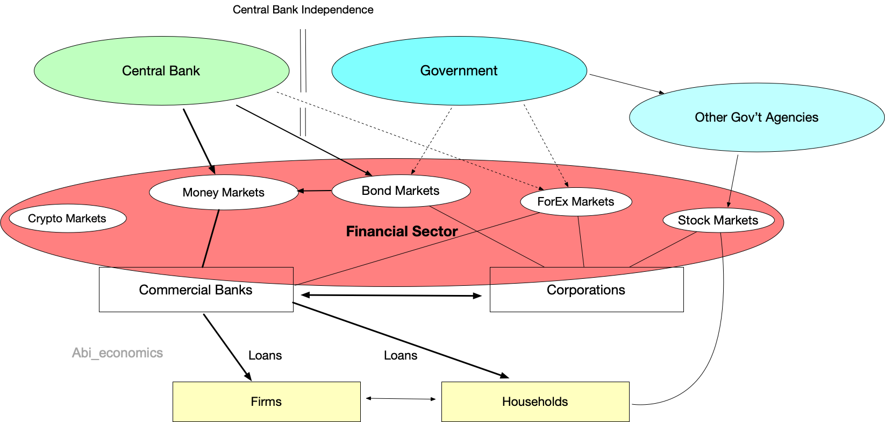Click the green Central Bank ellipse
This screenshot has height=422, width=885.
[161, 71]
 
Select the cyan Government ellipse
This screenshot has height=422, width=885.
[459, 71]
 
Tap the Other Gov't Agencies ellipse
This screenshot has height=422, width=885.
[756, 117]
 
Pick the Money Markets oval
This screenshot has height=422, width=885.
[224, 193]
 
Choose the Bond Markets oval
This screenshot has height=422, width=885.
[401, 191]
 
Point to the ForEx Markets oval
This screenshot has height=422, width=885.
[575, 202]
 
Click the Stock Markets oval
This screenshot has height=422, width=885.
[718, 220]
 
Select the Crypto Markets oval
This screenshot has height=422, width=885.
[67, 219]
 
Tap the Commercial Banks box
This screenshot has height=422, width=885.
[196, 290]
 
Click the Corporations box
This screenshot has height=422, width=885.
[586, 290]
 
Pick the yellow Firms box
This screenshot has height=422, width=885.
[266, 402]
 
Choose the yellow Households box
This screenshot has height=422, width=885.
[535, 402]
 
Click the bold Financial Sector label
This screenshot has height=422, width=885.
[402, 231]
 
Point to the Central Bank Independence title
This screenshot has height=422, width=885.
[303, 10]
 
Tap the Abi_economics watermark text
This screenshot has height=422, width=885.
[117, 353]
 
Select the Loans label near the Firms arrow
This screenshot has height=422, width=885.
[265, 355]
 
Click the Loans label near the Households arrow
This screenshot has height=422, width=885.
[401, 355]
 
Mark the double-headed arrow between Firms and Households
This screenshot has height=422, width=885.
[401, 399]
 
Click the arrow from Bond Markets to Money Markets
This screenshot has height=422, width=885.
[315, 191]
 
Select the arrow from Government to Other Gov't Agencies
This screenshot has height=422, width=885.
[626, 84]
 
